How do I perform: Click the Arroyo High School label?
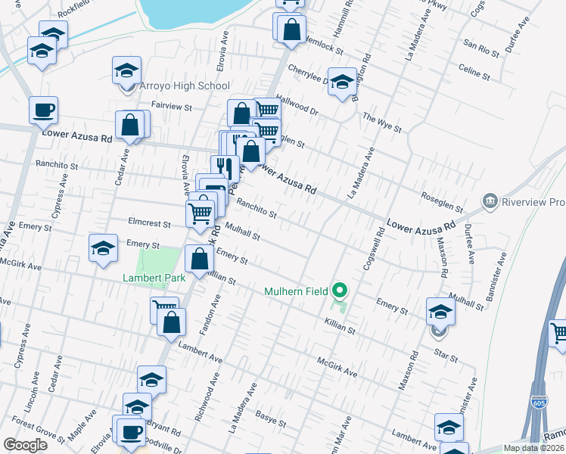185,86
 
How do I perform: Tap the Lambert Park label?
154,278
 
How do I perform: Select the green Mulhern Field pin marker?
340,290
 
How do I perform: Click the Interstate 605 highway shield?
539,403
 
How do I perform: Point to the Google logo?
25,445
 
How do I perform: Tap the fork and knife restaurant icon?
224,168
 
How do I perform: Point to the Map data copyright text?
533,448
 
